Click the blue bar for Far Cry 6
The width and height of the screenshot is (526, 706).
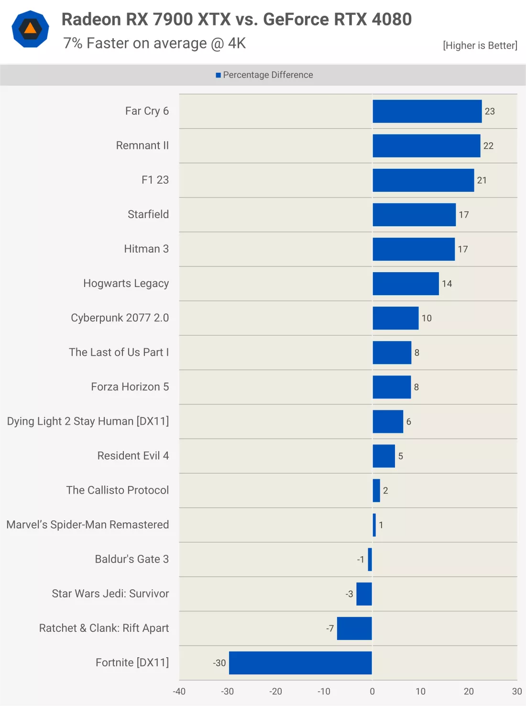(427, 111)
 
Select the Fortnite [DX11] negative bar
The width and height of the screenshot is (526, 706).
(300, 663)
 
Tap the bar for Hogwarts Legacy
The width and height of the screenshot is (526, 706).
(405, 284)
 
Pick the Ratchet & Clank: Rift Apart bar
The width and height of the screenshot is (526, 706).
(354, 629)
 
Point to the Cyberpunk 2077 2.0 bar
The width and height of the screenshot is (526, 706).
(395, 318)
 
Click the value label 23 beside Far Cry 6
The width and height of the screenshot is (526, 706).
(490, 111)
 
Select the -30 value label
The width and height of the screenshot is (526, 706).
(219, 663)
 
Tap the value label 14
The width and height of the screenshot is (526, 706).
(447, 284)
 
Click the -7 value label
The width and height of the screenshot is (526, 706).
(330, 629)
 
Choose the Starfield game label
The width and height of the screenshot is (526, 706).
(148, 214)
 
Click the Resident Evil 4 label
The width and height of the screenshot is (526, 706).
(133, 456)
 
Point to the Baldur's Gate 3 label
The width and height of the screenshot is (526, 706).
(131, 559)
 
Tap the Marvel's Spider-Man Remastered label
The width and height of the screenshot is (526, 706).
(88, 525)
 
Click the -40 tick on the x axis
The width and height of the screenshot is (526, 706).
(179, 692)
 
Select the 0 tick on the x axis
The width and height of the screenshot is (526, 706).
(373, 692)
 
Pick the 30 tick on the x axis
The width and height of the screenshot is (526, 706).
(516, 692)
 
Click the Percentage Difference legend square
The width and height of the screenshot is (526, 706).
(219, 75)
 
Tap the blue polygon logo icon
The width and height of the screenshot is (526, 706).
(30, 29)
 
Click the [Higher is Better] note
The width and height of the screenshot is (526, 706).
(480, 45)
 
